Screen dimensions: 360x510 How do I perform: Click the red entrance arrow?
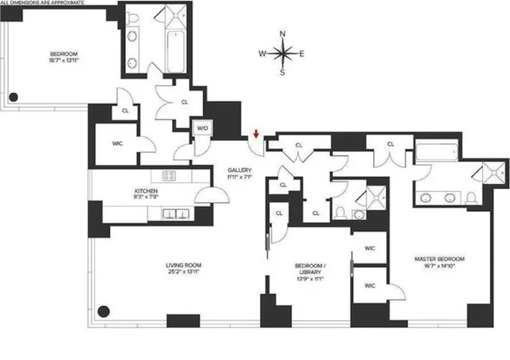pyautogui.click(x=256, y=134)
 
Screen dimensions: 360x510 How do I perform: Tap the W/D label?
pyautogui.click(x=202, y=128)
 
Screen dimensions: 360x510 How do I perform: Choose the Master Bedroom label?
pyautogui.click(x=439, y=259)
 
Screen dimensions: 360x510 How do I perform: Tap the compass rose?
pyautogui.click(x=284, y=53)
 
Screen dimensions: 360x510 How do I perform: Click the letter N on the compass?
pyautogui.click(x=284, y=33)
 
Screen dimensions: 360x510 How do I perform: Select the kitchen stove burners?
pyautogui.click(x=170, y=176)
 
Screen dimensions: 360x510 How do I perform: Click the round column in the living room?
pyautogui.click(x=103, y=311)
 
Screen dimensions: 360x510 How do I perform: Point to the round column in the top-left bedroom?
pyautogui.click(x=14, y=98)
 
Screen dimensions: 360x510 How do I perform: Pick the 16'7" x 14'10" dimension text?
pyautogui.click(x=439, y=269)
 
